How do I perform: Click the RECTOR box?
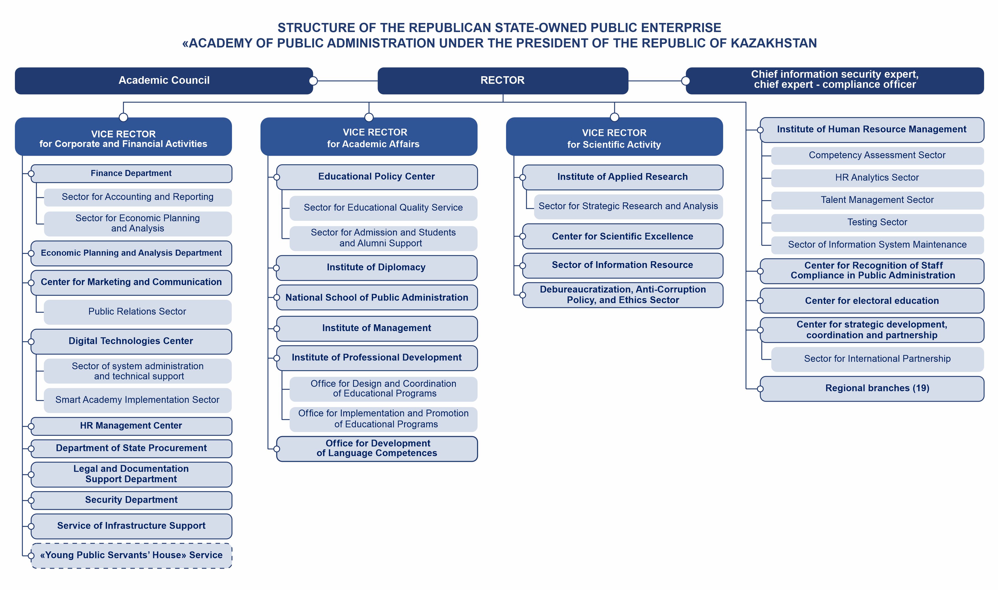tap(503, 81)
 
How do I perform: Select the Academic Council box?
tap(164, 81)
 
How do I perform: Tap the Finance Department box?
tap(131, 174)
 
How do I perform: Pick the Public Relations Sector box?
tap(138, 312)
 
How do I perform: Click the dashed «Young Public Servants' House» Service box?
tap(131, 555)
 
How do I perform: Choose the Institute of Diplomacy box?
tap(377, 267)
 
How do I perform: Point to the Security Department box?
tap(131, 500)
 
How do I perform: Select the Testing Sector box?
tap(877, 223)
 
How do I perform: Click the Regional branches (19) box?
tap(872, 388)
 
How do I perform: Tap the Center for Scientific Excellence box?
tap(622, 236)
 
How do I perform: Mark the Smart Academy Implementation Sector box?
tap(138, 400)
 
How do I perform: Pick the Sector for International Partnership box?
tap(877, 359)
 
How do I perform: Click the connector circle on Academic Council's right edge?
tap(313, 81)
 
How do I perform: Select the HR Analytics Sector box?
tap(877, 178)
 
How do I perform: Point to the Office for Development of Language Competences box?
tap(377, 449)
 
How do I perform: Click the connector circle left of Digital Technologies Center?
tap(31, 341)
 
